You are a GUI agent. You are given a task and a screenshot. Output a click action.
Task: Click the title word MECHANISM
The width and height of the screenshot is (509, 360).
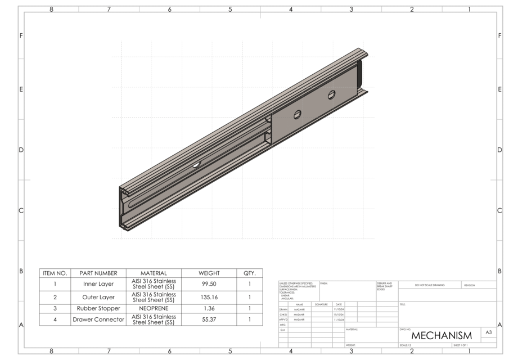point(441,335)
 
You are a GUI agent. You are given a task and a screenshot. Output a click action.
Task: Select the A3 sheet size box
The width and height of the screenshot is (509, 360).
point(489,333)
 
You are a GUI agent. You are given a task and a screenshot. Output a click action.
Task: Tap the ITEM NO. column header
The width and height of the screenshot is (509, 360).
point(55,273)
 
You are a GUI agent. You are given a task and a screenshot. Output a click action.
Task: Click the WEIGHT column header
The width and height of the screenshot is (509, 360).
point(209,273)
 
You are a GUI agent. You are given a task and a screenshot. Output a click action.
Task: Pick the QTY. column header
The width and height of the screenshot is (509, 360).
point(249,273)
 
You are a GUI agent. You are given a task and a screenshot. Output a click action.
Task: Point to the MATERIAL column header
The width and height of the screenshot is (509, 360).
point(154,273)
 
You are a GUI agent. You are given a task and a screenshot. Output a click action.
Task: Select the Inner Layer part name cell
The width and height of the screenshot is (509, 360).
point(98,284)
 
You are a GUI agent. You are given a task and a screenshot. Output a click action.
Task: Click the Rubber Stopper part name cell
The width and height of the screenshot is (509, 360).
point(98,308)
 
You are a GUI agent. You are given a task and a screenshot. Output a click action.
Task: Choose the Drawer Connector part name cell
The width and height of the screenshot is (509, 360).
point(98,319)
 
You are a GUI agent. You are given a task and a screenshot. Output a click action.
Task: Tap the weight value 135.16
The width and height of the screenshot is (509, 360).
point(209,297)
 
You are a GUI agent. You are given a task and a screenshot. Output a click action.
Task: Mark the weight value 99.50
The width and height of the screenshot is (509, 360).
point(209,284)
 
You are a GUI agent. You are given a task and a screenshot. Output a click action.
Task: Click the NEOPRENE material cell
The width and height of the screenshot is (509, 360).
point(154,308)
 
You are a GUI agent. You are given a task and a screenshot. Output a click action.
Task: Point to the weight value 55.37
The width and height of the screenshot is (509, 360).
point(209,319)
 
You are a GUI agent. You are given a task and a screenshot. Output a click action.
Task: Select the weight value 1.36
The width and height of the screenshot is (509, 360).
point(209,308)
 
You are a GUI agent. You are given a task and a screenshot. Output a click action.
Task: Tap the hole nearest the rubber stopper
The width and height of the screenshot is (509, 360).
point(332,94)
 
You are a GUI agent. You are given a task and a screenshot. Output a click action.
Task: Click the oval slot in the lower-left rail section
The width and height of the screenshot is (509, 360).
point(196,165)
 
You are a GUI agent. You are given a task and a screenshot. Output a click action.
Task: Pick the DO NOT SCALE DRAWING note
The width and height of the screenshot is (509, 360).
point(430,285)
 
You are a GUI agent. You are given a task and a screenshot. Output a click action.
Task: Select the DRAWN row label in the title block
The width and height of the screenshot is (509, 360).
point(283,309)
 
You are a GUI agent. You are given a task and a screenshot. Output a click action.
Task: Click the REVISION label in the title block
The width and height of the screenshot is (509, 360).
point(470,285)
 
